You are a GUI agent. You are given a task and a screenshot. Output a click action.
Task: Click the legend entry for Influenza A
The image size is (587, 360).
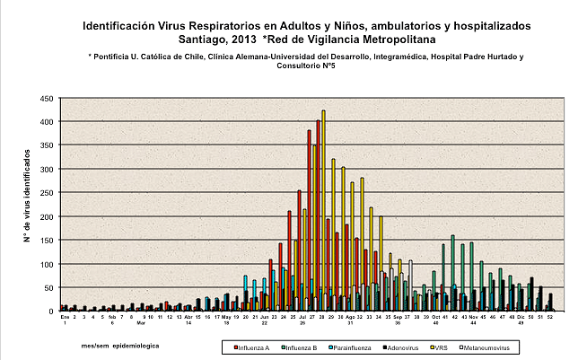253,345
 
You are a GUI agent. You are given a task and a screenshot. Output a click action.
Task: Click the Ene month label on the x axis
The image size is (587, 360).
65,317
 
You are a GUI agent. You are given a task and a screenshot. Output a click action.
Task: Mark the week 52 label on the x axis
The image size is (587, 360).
549,317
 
